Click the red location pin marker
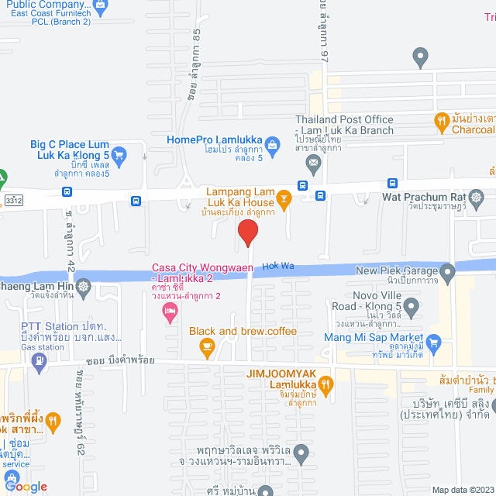point(247,232)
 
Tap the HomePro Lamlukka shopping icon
point(272,143)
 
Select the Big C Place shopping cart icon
point(118,156)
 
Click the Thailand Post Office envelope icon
point(313,163)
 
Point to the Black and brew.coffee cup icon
point(207,349)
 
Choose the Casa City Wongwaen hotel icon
point(169,312)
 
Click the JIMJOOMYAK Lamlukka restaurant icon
point(326,382)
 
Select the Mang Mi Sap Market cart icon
point(433,341)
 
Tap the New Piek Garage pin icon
point(447,272)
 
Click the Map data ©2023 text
point(461,489)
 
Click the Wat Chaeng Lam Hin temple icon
point(83,287)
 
